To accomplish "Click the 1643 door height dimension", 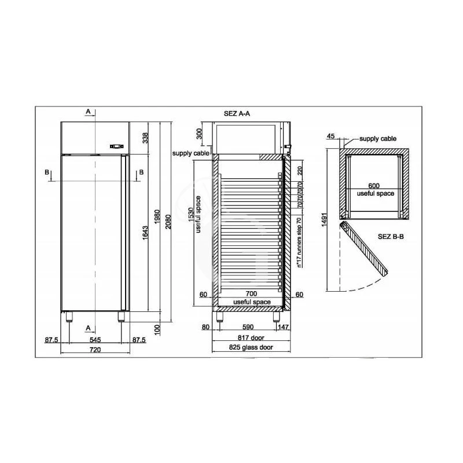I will tap(144, 234).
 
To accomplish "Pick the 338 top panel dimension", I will tap(146, 138).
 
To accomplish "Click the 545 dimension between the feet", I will tap(95, 340).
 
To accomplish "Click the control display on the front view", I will tap(117, 146).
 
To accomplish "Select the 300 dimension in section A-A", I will tap(199, 134).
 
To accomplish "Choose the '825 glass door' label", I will tap(250, 348).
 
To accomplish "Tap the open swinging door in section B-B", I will tap(365, 247).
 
